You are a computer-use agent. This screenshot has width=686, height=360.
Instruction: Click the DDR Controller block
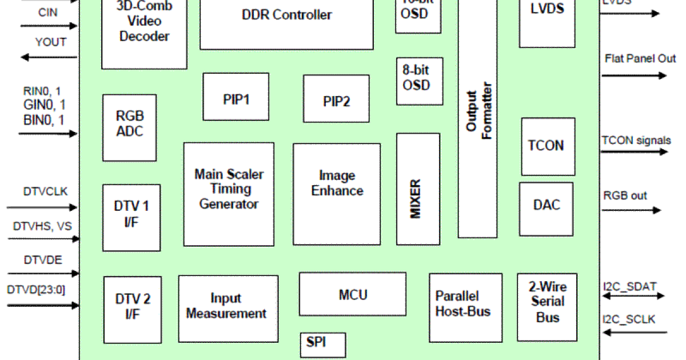(286, 23)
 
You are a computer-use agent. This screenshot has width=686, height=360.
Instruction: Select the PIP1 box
(236, 97)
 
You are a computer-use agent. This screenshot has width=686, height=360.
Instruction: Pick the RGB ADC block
(129, 127)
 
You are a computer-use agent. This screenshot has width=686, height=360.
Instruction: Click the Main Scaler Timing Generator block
(229, 194)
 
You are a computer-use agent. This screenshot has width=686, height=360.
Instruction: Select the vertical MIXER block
(417, 189)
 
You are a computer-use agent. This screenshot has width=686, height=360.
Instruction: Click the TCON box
(548, 146)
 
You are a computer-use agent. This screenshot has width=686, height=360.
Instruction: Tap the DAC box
(547, 209)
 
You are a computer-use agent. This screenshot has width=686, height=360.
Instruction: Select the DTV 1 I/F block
(131, 217)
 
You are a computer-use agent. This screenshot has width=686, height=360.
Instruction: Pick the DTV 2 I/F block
(132, 309)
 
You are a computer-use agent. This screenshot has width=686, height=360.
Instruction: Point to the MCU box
(353, 294)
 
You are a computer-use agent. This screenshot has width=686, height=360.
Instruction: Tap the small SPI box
(322, 345)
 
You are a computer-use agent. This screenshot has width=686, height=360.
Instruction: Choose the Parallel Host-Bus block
(465, 307)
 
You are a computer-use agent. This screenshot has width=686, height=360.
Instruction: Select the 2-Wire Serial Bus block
(547, 307)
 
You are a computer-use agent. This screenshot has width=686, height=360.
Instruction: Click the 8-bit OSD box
(419, 81)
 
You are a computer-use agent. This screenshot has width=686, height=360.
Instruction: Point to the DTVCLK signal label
(46, 191)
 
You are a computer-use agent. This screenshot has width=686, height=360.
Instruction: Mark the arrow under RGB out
(631, 210)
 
